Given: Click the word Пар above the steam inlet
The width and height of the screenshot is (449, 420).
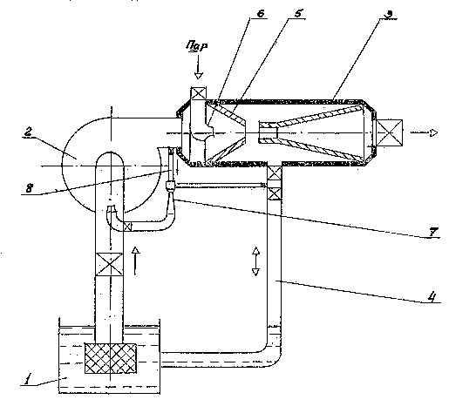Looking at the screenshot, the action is pos(197,46).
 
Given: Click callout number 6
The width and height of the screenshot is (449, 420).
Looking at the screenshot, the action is pos(261,13).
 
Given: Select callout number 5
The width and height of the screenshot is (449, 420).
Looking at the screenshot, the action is pos(298,13).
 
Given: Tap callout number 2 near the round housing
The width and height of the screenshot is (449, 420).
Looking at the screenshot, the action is pos(28,132).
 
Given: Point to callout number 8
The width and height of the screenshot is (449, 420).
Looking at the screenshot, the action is pos(29,188).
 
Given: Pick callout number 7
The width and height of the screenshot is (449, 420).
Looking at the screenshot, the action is pos(433,232).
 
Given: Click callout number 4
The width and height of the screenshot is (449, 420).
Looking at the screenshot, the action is pos(432,297).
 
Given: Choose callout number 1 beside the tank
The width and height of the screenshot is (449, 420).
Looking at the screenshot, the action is pos(27,379).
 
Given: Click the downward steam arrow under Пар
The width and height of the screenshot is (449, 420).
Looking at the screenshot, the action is pos(199,67).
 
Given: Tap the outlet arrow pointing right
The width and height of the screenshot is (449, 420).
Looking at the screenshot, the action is pos(424,132).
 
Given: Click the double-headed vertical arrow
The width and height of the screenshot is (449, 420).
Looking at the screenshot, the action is pos(255,261).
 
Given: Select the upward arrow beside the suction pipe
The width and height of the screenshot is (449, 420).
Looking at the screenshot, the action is pos(135,261).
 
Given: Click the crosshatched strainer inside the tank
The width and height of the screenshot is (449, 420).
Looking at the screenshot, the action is pos(111,358).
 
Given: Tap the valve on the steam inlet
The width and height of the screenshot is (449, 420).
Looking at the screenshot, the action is pos(199,93).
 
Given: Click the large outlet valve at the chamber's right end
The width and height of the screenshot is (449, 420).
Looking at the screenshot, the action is pos(390,132).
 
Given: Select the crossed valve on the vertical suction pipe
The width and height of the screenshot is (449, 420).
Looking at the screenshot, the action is pos(109,264).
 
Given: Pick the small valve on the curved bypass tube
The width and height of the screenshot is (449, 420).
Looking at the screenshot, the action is pos(127,227).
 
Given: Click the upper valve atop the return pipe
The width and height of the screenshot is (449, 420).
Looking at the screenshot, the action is pos(275,173).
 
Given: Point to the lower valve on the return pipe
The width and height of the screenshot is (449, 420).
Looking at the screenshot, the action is pos(275,193).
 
